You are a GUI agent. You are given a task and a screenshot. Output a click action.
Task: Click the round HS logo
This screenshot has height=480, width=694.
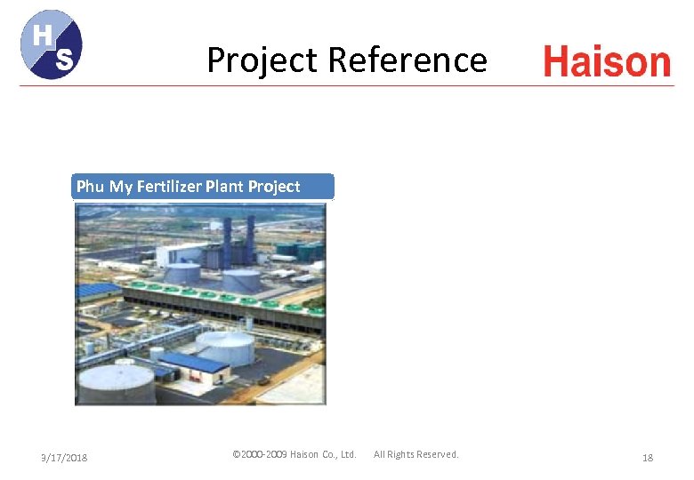coord(51,44)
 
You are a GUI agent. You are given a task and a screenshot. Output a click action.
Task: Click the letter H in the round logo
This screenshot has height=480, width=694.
coord(41,35)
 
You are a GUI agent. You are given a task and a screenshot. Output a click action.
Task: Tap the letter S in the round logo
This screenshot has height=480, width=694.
coord(63,60)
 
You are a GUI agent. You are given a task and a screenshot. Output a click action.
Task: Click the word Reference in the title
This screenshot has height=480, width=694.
coord(407,60)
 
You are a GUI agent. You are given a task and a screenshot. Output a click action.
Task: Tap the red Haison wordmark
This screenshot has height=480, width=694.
coord(607,62)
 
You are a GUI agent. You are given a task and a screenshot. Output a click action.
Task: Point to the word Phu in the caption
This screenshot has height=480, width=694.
coord(90,187)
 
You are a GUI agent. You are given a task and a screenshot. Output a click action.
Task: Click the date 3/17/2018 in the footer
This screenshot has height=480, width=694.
coord(65,457)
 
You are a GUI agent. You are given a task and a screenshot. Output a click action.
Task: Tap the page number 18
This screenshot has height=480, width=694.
coord(648,457)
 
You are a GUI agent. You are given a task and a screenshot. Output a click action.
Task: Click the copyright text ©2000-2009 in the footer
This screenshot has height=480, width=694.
coord(259,454)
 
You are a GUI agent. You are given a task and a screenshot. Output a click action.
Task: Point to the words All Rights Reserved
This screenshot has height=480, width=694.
coord(416,454)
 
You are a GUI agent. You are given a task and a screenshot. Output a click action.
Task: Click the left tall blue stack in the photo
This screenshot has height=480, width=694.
coord(228,241)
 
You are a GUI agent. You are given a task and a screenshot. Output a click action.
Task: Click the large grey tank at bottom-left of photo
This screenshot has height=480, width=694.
coord(117,383)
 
